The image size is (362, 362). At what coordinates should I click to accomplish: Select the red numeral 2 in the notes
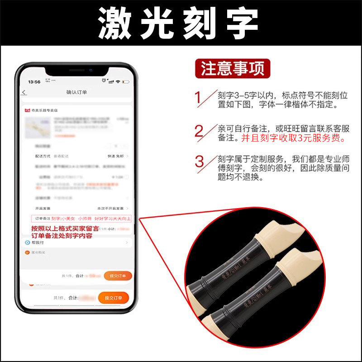(x=199, y=131)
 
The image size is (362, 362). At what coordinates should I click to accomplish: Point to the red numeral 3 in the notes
(x=200, y=162)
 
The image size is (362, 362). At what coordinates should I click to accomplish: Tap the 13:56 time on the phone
(x=34, y=82)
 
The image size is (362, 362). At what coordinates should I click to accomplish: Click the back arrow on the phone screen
(x=24, y=93)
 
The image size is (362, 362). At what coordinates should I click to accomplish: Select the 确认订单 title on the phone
(x=76, y=92)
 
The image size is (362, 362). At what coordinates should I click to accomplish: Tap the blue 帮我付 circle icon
(x=28, y=243)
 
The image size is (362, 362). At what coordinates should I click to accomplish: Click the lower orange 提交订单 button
(x=113, y=298)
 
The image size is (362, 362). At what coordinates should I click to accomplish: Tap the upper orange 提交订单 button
(x=118, y=276)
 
